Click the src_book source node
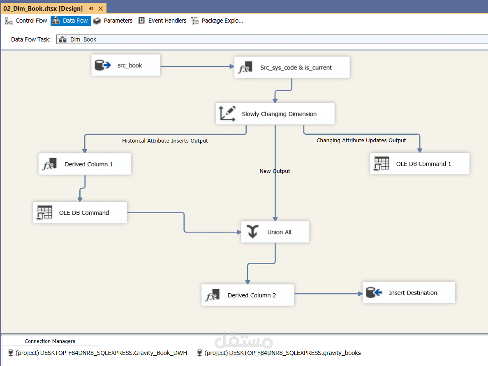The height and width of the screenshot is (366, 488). (126, 65)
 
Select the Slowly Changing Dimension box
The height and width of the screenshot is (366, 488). (275, 114)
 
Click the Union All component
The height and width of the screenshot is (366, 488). (275, 232)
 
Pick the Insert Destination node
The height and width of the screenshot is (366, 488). (409, 292)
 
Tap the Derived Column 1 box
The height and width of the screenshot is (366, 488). (85, 164)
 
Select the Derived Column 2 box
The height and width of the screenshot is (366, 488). (248, 295)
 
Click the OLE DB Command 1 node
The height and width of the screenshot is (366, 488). (419, 163)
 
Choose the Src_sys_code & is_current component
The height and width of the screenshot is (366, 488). (292, 67)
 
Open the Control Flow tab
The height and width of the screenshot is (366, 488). (26, 21)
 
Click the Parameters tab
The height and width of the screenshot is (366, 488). (113, 21)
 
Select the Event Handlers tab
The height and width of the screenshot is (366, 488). (162, 21)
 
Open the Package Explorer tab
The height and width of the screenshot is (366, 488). (217, 21)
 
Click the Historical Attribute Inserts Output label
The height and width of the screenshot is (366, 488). (165, 141)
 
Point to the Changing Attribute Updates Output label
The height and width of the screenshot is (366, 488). (361, 140)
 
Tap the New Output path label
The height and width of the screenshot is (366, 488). (275, 171)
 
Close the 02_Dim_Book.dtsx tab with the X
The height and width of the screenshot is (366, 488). (101, 8)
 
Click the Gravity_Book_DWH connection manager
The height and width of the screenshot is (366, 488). (98, 353)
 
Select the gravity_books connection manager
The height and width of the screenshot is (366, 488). (279, 353)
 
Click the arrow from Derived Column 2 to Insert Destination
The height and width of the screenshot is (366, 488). (328, 294)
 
